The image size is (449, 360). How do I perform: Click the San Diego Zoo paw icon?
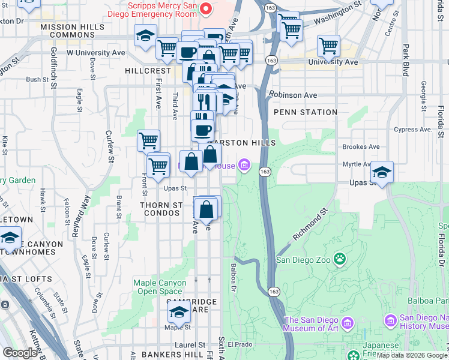tap(340, 259)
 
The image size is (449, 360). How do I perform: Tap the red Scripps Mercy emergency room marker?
tap(206, 8)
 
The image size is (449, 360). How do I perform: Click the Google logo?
tap(20, 353)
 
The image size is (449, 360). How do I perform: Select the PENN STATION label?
tap(305, 112)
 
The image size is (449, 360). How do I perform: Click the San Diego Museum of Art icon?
tap(348, 325)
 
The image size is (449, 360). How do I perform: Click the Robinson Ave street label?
tap(293, 95)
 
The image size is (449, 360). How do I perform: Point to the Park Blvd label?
tap(406, 59)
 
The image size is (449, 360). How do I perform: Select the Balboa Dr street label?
tap(233, 275)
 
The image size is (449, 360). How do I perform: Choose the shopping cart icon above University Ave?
tap(328, 45)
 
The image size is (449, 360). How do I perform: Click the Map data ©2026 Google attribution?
tap(412, 355)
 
